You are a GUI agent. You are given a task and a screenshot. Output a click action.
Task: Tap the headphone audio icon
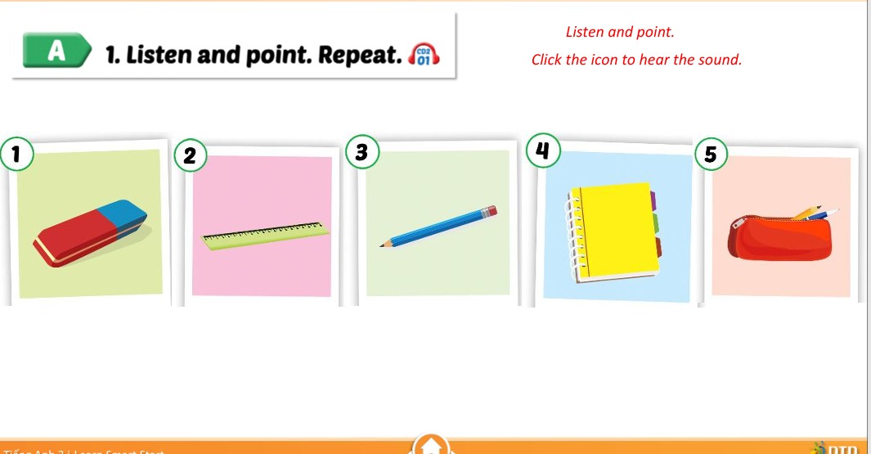point(424,55)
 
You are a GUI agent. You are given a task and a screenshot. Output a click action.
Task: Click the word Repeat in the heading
point(360,55)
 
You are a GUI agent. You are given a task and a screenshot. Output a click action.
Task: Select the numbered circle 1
point(16,153)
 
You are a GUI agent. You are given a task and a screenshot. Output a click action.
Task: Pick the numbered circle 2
point(191,155)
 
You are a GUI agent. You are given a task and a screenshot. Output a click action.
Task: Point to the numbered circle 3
point(362,152)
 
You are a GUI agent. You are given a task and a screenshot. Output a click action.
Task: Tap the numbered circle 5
point(710,155)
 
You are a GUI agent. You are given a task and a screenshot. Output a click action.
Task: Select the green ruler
point(266,233)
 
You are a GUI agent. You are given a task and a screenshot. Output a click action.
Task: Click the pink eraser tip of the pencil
point(490,211)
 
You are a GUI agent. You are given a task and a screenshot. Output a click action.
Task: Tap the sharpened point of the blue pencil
point(382,245)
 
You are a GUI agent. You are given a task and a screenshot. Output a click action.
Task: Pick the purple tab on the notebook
point(653,200)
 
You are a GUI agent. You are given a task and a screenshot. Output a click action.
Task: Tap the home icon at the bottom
point(431,446)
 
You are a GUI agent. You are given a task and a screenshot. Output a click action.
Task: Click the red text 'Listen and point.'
point(620,33)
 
